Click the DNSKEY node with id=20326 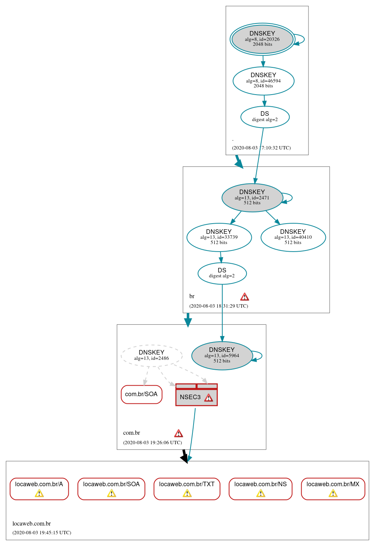[262, 39]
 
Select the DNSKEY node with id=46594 [263, 81]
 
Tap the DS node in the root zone [265, 117]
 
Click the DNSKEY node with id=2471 [252, 198]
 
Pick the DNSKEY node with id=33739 [219, 237]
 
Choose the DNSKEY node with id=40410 [293, 237]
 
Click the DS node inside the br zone [222, 273]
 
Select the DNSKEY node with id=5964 [222, 356]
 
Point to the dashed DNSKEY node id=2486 [152, 355]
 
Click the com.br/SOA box [141, 394]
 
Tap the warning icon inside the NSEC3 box [208, 398]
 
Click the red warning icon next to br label [245, 297]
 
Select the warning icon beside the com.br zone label [178, 433]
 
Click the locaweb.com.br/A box [39, 488]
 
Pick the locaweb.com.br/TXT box [187, 488]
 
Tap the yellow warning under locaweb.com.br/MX [333, 493]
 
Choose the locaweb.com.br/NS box [260, 488]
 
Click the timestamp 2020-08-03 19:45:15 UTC [42, 533]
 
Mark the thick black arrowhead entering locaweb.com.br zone [185, 458]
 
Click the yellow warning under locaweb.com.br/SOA [111, 493]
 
